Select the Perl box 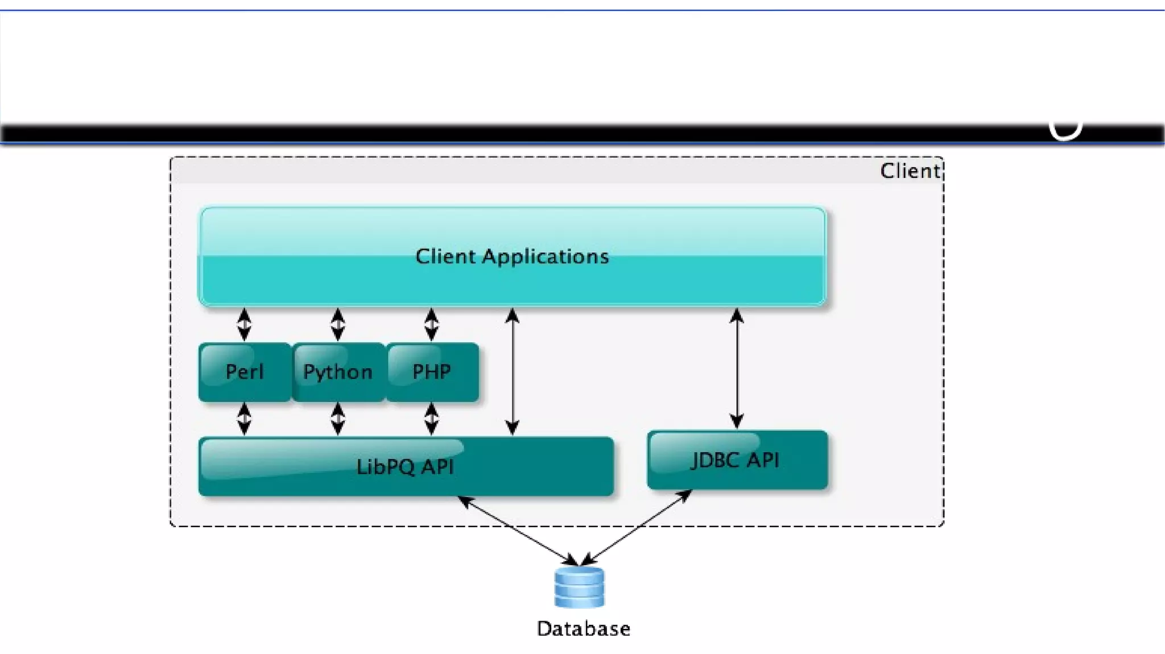coord(245,372)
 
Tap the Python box coord(338,372)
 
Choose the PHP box coord(432,372)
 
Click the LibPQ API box coord(405,467)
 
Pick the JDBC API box coord(737,460)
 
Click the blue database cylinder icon coord(579,587)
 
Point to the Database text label coord(584,629)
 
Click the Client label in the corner coord(910,171)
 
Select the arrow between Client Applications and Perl coord(244,324)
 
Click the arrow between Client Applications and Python coord(338,324)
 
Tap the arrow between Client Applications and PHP coord(431,324)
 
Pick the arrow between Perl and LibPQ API coord(244,419)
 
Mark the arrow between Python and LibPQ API coord(338,419)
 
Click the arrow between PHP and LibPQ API coord(431,419)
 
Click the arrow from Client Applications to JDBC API coord(737,369)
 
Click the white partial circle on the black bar coord(1065,130)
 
